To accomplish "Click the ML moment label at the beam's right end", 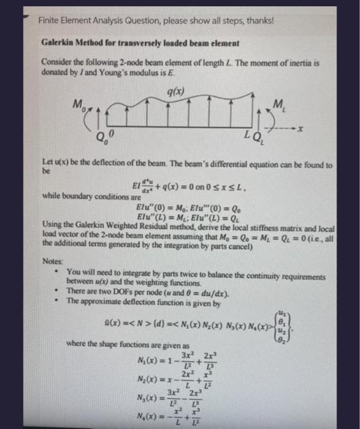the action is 281,105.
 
